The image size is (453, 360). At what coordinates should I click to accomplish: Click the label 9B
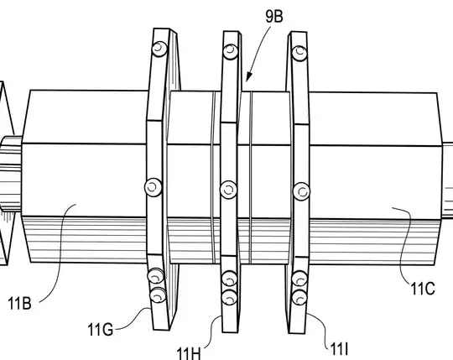[274, 17]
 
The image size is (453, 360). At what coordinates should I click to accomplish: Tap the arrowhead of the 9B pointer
[248, 77]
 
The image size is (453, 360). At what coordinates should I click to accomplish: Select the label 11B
[19, 304]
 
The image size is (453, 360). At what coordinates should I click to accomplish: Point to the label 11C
[423, 289]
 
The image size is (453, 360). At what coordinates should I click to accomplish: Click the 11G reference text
[100, 330]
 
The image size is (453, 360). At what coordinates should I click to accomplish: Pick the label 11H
[189, 353]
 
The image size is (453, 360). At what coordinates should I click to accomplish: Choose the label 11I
[339, 349]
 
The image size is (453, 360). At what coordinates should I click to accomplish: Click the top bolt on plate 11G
[159, 49]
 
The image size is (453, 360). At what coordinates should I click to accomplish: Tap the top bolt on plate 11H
[231, 51]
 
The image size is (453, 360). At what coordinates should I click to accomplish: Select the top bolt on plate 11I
[299, 53]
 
